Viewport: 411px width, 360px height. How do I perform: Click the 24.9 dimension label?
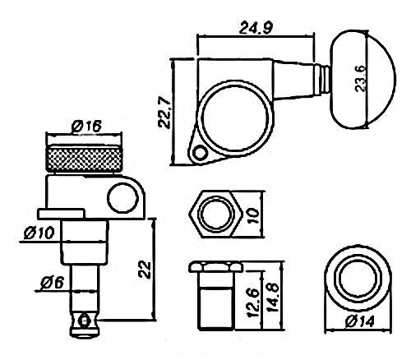pos(256,27)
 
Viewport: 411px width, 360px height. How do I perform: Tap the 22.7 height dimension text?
pos(164,113)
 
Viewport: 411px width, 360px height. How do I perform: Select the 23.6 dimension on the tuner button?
pos(360,78)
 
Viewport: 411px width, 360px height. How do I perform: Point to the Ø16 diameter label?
pos(86,126)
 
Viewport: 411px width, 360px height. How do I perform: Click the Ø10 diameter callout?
pos(39,233)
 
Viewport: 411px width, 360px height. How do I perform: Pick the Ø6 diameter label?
pos(52,283)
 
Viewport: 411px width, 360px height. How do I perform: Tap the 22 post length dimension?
pos(144,270)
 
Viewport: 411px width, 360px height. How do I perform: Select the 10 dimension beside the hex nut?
pos(252,215)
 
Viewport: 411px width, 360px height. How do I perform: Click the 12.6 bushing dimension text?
pos(253,302)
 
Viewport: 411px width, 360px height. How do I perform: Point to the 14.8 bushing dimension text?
pos(273,298)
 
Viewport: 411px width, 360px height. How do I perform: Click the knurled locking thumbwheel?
pos(85,159)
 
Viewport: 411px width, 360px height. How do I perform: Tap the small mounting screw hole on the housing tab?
pos(201,153)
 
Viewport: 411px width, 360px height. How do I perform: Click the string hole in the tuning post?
pos(84,321)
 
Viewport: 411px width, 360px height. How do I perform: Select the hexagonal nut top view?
pos(215,214)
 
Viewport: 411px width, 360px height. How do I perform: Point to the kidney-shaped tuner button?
pos(363,80)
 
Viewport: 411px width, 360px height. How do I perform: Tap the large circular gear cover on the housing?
pos(236,117)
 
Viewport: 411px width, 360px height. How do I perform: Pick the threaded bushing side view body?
pos(215,295)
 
